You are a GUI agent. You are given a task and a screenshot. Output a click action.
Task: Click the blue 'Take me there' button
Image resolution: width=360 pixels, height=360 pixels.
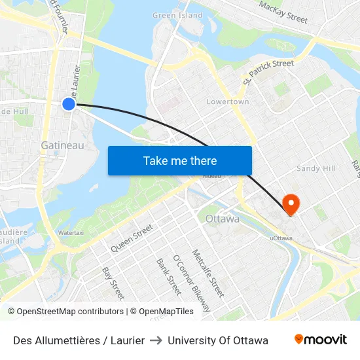coord(180,160)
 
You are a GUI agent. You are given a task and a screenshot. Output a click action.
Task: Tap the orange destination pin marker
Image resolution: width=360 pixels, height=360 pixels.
coord(289,204)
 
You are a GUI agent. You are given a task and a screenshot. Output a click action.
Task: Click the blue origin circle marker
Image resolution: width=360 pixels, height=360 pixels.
coord(69,104)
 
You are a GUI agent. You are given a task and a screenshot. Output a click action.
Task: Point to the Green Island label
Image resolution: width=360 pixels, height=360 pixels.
coord(177,15)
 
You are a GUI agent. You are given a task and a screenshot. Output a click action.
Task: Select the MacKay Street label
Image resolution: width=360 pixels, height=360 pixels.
coord(283,11)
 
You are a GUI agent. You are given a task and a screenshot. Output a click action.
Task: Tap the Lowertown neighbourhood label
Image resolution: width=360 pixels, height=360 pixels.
coord(228,102)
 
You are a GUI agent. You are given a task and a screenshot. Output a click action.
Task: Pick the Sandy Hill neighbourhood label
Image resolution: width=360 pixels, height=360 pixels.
coord(316,168)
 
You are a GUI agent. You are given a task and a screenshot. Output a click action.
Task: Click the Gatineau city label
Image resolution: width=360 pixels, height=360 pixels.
coord(62,145)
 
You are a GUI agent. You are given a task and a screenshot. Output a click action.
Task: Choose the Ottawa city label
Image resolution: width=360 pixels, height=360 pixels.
coord(222,219)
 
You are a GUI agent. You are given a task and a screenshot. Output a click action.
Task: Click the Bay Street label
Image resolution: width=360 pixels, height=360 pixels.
coord(113,283)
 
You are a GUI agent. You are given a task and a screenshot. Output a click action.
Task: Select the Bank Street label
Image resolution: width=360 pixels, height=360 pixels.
coord(168,276)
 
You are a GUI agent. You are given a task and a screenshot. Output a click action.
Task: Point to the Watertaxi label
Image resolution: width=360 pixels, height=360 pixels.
coord(71,232)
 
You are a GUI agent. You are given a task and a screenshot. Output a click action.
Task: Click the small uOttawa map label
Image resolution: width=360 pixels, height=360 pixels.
coord(281,238)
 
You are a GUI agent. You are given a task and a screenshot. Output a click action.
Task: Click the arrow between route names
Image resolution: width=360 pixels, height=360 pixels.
coord(156,340)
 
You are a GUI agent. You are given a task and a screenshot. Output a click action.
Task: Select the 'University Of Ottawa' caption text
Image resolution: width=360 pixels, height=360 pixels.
coord(218,340)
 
